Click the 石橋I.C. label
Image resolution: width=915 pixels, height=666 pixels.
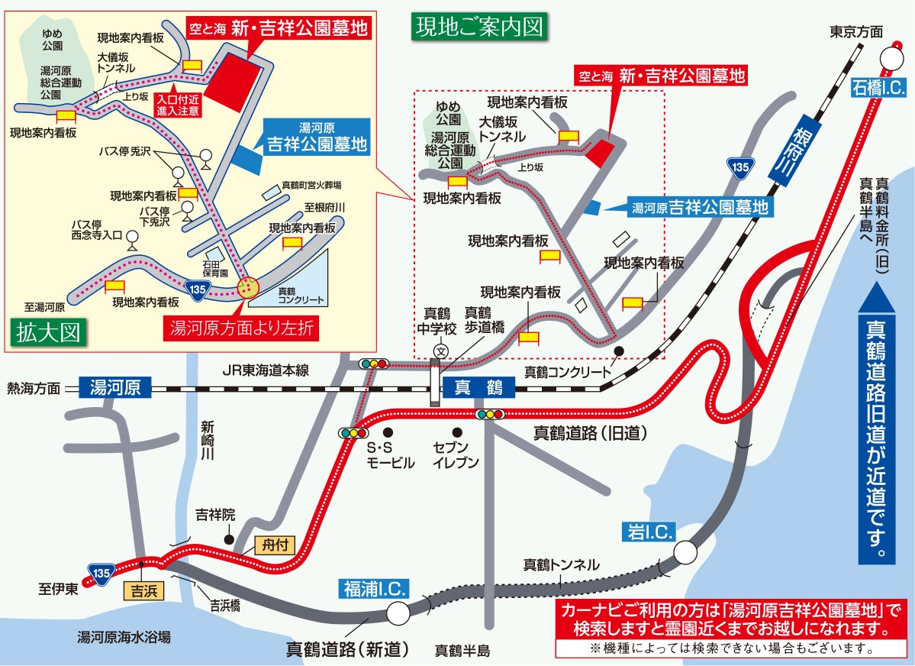point(878,89)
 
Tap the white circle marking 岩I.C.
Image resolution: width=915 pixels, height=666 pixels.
point(685,551)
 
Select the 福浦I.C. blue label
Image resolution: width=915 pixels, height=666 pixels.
point(375,588)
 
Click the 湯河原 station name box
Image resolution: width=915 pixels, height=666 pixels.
point(115,387)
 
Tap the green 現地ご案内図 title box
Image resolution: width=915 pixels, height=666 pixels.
point(478,27)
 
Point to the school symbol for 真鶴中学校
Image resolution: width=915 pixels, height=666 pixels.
point(440,351)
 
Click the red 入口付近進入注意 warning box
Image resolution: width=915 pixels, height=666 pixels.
point(178,103)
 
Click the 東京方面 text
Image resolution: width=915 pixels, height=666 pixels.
point(855,31)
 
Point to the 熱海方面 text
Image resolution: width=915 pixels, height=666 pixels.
point(33,388)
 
